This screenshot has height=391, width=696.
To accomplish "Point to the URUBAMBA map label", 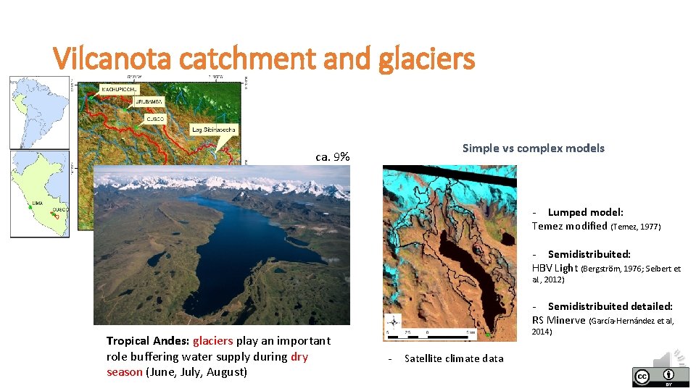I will [150, 102].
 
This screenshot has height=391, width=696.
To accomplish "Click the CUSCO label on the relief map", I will [155, 118].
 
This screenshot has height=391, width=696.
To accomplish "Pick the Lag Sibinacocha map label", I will [213, 130].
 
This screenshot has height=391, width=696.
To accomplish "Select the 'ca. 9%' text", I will [333, 156].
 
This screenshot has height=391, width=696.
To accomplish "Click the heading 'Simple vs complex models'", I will [533, 148].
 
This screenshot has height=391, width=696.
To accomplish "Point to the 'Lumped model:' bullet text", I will [585, 212].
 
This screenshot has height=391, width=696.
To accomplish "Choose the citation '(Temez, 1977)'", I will [636, 227].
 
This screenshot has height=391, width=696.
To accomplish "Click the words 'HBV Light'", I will [555, 269].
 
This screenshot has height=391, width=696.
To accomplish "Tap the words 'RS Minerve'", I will [559, 321].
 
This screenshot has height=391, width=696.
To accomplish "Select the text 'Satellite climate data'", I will [454, 358].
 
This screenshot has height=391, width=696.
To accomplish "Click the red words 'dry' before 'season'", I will [299, 356].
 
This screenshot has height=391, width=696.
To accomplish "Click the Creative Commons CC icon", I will [642, 377].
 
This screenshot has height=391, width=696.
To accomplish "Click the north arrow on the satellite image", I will [393, 322].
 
